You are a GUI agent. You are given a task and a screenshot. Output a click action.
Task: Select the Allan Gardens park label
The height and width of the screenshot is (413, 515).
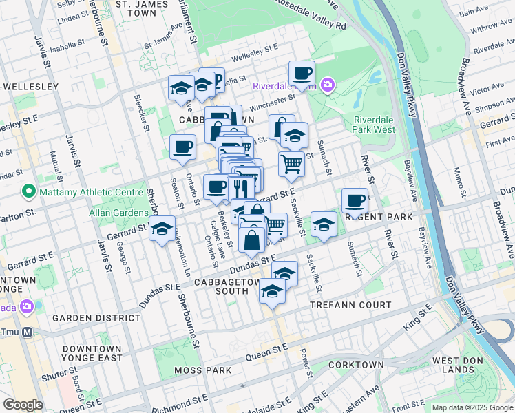[118, 213]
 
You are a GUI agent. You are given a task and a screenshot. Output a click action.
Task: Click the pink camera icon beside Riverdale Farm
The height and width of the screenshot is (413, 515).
[326, 85]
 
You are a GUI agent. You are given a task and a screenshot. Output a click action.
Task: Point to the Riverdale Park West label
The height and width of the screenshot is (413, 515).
[374, 124]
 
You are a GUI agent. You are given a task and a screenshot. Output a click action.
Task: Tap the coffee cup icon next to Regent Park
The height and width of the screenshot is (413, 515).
[355, 200]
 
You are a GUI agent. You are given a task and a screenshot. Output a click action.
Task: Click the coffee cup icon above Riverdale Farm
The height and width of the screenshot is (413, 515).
[302, 73]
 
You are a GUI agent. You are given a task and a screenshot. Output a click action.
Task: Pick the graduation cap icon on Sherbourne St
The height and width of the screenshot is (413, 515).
[162, 229]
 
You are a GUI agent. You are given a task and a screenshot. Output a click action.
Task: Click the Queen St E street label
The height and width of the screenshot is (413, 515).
[269, 349]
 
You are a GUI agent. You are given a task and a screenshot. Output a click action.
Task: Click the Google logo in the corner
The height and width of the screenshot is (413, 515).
[23, 405]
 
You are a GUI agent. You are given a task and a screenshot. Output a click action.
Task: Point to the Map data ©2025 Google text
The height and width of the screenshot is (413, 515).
[472, 407]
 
